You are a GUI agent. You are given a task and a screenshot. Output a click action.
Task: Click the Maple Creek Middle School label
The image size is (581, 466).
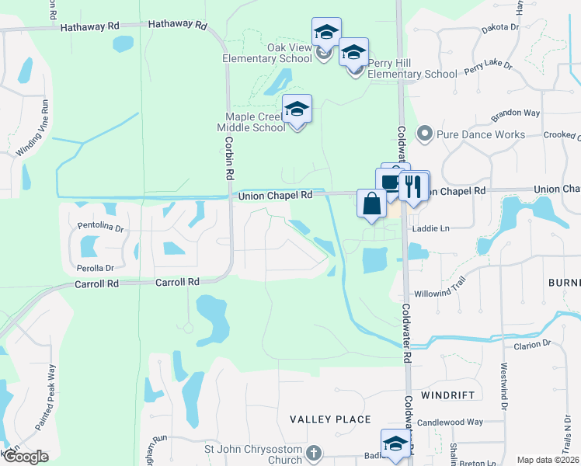(251, 122)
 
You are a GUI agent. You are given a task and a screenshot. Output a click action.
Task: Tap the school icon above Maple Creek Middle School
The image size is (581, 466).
(296, 109)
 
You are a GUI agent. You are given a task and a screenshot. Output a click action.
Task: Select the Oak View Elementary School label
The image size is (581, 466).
(278, 53)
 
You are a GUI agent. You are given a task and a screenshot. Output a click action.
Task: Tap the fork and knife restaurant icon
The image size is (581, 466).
(413, 186)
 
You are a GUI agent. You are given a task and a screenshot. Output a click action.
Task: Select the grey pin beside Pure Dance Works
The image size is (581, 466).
(424, 134)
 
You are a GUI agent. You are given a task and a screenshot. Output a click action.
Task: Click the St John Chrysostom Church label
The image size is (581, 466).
(252, 454)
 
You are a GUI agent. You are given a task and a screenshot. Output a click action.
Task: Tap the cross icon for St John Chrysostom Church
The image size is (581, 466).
(314, 452)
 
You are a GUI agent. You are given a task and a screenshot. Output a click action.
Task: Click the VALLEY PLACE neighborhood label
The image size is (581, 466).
(330, 419)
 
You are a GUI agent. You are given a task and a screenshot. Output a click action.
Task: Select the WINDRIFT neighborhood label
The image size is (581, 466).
(447, 395)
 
